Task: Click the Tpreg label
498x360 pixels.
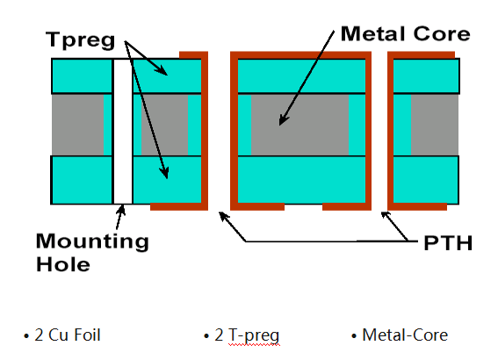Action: [x=80, y=40]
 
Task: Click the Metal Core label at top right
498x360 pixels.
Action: [x=405, y=33]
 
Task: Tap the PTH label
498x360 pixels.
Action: [x=448, y=243]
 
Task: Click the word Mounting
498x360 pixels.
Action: [x=92, y=242]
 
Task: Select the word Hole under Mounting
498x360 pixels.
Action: [x=63, y=264]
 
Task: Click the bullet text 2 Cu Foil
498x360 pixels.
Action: [x=62, y=335]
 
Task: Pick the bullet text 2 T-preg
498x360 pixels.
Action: [x=242, y=336]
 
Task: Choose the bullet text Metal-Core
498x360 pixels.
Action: [x=400, y=335]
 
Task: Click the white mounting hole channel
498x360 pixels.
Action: [x=123, y=132]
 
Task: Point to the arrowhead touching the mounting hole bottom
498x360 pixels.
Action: [x=121, y=210]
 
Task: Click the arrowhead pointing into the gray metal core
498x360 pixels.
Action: [x=283, y=120]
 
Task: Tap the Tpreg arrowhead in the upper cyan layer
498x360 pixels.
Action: [x=162, y=70]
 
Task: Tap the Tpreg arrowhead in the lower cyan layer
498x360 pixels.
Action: [x=164, y=173]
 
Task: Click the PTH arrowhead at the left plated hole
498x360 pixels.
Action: [x=224, y=216]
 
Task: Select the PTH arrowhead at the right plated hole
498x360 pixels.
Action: [x=386, y=215]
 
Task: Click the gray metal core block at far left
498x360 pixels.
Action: [x=77, y=125]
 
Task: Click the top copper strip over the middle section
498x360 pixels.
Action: [x=300, y=55]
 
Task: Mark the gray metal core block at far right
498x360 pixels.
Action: [x=435, y=125]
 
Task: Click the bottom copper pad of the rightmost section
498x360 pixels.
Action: [x=417, y=206]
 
